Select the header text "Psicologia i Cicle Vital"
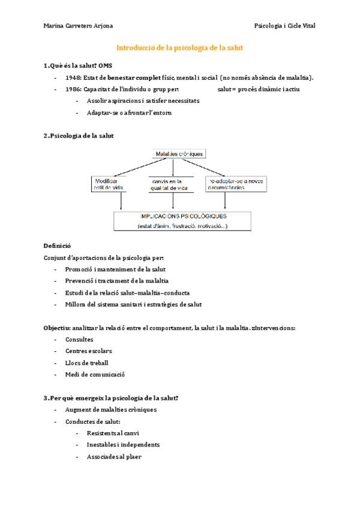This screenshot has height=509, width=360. tap(284, 26)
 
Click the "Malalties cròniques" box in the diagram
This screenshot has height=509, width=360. tap(180, 154)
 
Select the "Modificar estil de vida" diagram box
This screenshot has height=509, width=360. tap(109, 184)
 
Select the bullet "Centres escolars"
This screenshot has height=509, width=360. tap(88, 351)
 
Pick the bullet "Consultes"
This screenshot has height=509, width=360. tap(79, 339)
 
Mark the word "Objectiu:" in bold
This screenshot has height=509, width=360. tap(56, 328)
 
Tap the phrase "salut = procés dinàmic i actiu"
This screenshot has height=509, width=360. tap(259, 89)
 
